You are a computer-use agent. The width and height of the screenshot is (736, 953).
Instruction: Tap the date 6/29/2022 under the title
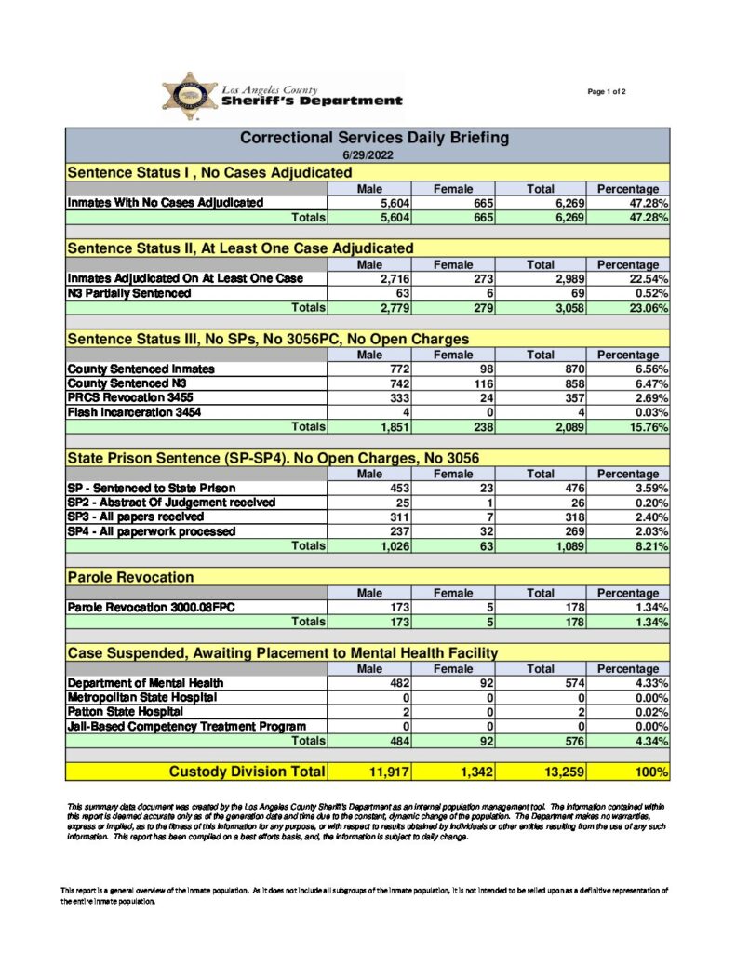(x=368, y=155)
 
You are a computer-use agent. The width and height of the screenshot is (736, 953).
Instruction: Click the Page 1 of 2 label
(x=607, y=91)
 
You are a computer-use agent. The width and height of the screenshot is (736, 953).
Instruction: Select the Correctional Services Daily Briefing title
(x=374, y=138)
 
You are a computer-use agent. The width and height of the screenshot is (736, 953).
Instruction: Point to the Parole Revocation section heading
(x=130, y=578)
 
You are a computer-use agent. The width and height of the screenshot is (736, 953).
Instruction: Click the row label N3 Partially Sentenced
(x=129, y=293)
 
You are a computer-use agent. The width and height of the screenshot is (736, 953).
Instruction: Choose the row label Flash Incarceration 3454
(x=134, y=412)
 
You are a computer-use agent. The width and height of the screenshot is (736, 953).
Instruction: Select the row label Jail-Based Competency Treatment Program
(x=186, y=726)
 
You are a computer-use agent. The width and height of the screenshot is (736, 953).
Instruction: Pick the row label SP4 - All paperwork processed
(x=152, y=531)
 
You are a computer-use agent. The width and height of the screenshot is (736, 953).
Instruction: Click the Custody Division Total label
(x=247, y=772)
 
